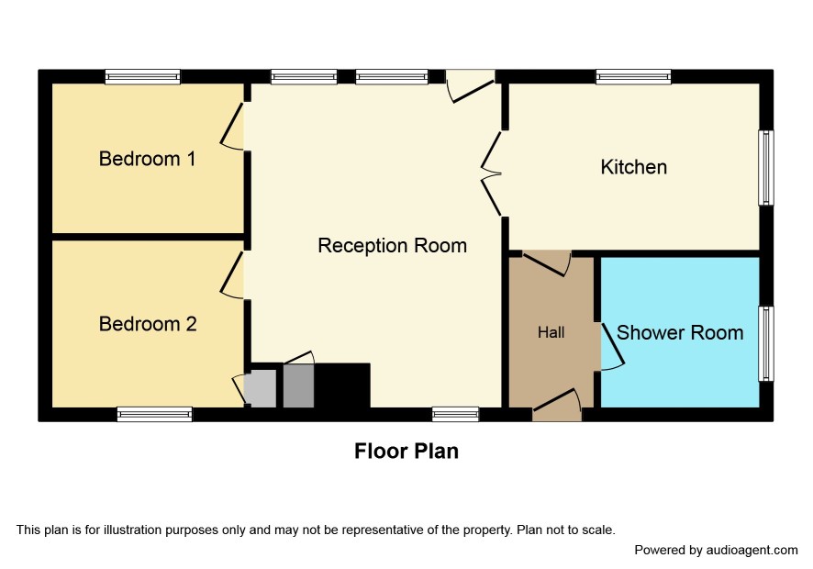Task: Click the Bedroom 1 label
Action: (x=147, y=159)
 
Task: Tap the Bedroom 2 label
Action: (x=148, y=324)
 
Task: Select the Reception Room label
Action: (x=392, y=245)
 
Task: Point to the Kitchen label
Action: (x=633, y=167)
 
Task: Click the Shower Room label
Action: (x=680, y=332)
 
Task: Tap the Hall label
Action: (x=551, y=332)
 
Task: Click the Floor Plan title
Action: (x=406, y=451)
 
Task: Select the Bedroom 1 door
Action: (x=232, y=127)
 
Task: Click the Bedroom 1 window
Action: (x=142, y=77)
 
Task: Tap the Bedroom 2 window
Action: (x=154, y=414)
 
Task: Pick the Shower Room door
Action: (x=612, y=347)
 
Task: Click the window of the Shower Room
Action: (x=766, y=343)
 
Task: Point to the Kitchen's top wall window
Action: (x=633, y=77)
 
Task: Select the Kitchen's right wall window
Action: (x=766, y=168)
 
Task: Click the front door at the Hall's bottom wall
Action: (x=556, y=405)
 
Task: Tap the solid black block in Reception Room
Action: (x=342, y=385)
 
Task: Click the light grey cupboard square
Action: (x=261, y=388)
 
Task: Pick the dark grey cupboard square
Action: (x=298, y=385)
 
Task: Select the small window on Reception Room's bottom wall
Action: (x=456, y=414)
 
